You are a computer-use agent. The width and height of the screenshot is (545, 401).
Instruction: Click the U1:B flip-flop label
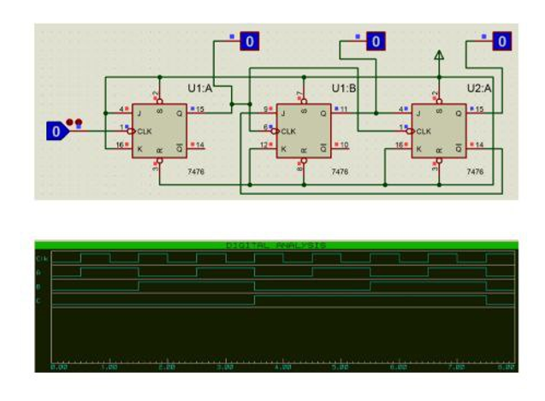tap(344, 89)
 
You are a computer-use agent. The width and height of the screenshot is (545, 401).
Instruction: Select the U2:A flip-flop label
tap(478, 89)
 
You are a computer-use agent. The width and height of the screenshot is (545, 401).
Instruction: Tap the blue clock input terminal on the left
tap(56, 132)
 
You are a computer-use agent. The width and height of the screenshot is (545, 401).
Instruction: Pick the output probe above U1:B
tap(376, 40)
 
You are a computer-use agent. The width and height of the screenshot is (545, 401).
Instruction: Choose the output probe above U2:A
tap(502, 40)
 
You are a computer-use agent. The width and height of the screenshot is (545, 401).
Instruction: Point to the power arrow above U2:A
tap(440, 57)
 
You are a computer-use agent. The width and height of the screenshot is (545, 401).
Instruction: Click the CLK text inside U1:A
tap(145, 132)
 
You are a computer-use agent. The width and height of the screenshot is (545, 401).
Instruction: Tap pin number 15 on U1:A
tap(199, 109)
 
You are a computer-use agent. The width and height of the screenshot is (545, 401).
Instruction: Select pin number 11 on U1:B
tap(344, 109)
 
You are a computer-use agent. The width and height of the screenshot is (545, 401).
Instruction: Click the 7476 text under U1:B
tap(340, 172)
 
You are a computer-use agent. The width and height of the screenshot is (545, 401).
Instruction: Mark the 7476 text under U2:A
tap(475, 172)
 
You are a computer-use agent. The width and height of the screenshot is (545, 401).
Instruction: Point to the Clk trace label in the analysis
tap(41, 258)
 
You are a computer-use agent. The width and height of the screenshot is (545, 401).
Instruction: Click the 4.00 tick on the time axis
tap(281, 367)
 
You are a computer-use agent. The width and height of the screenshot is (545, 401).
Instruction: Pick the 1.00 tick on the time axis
tap(109, 367)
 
